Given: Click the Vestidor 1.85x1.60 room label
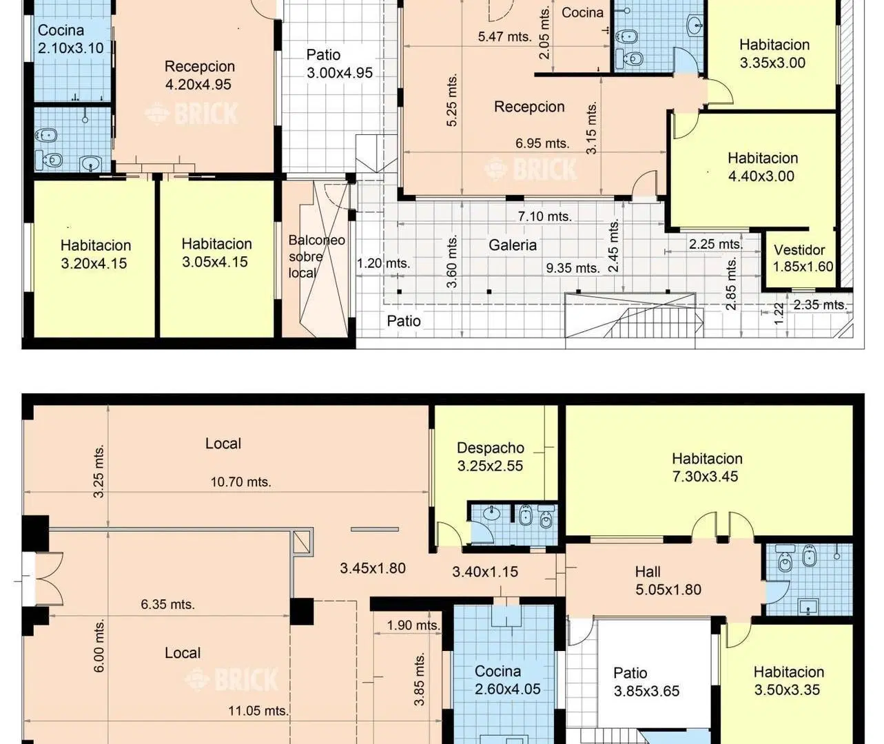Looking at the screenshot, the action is coord(803,258).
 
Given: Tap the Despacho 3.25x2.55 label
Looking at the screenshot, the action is coord(491,457).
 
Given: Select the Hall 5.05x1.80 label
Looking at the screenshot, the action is coord(668,581).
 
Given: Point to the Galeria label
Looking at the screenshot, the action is coord(513,245).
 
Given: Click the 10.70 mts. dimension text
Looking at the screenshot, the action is coord(241,482).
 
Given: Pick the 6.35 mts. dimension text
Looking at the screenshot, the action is coord(167,604).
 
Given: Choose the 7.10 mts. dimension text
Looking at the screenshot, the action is coord(545,217).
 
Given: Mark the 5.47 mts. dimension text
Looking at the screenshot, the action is coord(504,37).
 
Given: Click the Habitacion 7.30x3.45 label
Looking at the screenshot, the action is coord(707,468).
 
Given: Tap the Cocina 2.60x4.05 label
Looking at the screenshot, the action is coord(507,680).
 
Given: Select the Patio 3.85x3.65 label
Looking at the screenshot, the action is coord(646,682).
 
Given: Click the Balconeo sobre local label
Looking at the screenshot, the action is coord(316,256).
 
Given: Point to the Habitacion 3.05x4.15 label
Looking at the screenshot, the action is coord(216,253).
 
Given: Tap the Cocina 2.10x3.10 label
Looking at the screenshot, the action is coord(70,39).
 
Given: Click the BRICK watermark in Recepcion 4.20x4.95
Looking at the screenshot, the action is coord(192,114).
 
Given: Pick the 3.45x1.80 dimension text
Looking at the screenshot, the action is coord(373,568).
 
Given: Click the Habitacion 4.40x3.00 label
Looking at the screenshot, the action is coord(763,167).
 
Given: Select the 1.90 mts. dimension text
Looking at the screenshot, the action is coord(413,626).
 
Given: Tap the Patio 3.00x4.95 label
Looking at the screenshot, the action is coord(340,64).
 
